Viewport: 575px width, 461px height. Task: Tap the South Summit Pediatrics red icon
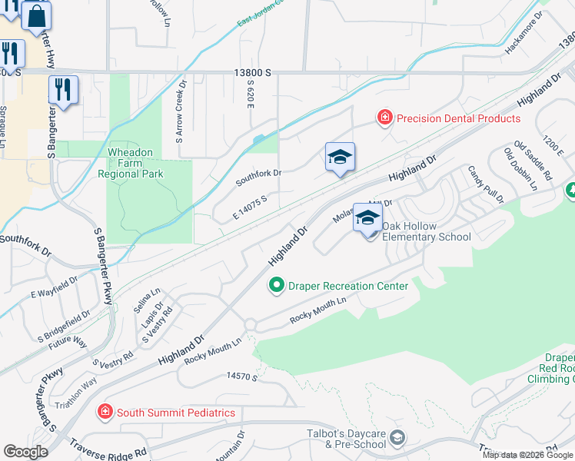tap(105, 413)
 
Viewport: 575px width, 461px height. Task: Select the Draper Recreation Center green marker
tap(277, 286)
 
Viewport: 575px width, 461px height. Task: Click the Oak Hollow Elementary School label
tap(426, 231)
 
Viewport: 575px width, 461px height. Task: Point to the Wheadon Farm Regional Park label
tap(131, 163)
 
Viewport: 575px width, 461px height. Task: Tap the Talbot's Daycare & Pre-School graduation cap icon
tap(397, 438)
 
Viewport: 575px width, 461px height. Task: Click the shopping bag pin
tap(36, 16)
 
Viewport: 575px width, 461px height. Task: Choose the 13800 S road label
tap(254, 71)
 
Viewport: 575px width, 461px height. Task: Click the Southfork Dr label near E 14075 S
tap(259, 173)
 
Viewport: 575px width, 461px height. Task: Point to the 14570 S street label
tap(241, 376)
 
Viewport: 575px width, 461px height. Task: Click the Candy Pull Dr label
tap(485, 184)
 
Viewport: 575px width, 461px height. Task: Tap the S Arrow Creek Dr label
tap(181, 113)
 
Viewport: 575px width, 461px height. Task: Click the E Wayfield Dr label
tap(55, 288)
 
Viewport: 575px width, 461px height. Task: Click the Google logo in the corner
tap(25, 452)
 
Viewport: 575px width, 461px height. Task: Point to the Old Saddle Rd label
tap(533, 161)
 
